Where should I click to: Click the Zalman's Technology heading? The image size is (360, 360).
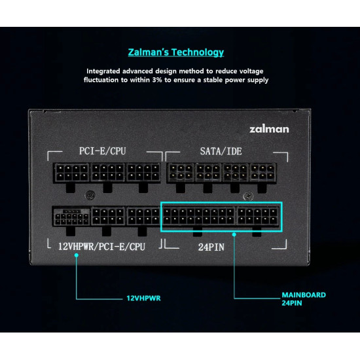click(x=176, y=52)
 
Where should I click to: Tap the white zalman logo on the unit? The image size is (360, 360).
click(x=269, y=129)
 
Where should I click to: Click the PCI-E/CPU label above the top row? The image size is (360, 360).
click(x=102, y=151)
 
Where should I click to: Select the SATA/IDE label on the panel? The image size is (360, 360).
click(x=221, y=151)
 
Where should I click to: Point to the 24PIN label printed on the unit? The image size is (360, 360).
click(x=211, y=247)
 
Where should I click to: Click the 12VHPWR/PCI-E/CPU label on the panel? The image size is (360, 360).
click(x=101, y=247)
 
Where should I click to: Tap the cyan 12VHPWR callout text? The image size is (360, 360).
click(x=144, y=298)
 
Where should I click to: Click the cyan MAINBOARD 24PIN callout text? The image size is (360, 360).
click(x=304, y=299)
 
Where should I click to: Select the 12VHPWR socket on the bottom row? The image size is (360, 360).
click(x=71, y=217)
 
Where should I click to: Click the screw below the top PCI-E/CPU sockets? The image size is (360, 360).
click(x=90, y=196)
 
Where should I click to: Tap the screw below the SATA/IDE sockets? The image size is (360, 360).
click(x=249, y=196)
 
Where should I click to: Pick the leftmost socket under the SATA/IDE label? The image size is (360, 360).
click(x=181, y=173)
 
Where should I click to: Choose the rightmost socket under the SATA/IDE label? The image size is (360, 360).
click(x=263, y=173)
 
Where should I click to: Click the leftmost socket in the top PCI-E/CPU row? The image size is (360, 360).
click(x=71, y=173)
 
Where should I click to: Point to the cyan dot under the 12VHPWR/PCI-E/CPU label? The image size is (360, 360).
click(x=77, y=255)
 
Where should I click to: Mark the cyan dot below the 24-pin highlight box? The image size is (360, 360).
click(x=234, y=234)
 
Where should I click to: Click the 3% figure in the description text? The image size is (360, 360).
click(x=157, y=80)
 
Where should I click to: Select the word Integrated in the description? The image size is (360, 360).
click(x=103, y=71)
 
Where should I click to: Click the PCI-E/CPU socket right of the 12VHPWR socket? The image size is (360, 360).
click(x=108, y=217)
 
